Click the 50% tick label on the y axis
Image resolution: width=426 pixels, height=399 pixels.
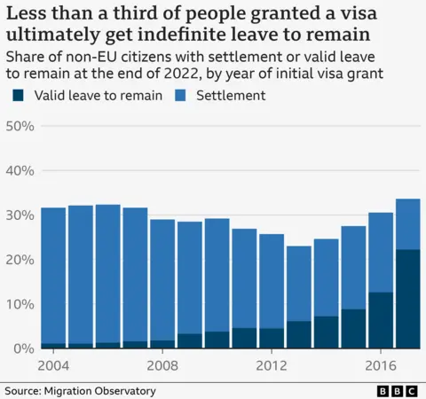pyautogui.click(x=20, y=127)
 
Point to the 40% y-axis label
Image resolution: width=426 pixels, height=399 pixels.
pyautogui.click(x=20, y=171)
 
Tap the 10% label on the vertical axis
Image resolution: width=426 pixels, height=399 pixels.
pyautogui.click(x=20, y=304)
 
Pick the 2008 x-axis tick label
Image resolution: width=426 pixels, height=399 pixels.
pyautogui.click(x=163, y=365)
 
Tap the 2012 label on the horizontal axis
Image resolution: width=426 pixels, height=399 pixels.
pyautogui.click(x=272, y=365)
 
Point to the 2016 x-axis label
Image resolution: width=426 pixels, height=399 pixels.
pyautogui.click(x=381, y=365)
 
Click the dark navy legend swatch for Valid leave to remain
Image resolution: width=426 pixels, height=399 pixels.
pyautogui.click(x=16, y=95)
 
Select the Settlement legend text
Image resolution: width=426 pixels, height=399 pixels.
pyautogui.click(x=230, y=95)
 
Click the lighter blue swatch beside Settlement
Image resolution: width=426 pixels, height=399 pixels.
pyautogui.click(x=185, y=95)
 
